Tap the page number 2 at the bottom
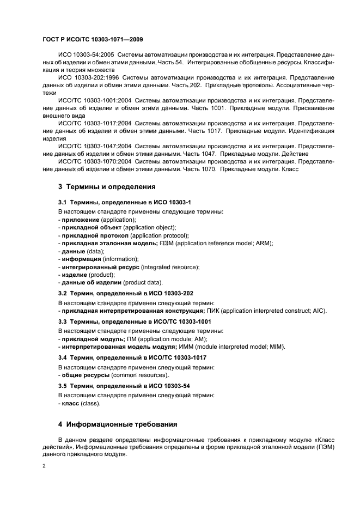(x=44, y=466)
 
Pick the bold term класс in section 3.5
(x=70, y=404)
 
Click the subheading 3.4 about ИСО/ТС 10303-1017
(x=128, y=357)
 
